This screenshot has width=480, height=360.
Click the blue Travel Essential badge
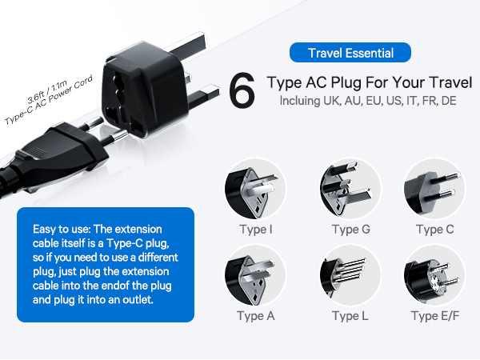(x=350, y=53)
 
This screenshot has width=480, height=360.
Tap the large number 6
(x=242, y=90)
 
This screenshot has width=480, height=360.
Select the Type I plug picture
(x=255, y=189)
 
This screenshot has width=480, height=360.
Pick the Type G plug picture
(x=350, y=189)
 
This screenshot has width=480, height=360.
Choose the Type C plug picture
(x=434, y=189)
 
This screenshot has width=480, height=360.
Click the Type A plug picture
(x=255, y=275)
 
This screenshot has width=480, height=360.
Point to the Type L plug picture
(x=350, y=275)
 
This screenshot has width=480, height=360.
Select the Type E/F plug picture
(x=434, y=275)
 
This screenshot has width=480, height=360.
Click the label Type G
(x=351, y=230)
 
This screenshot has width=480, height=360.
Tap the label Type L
(x=350, y=316)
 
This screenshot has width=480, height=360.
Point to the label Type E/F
(x=435, y=316)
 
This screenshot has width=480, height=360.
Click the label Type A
(x=256, y=316)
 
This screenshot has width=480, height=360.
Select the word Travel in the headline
(x=450, y=82)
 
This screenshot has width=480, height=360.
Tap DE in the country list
(x=449, y=101)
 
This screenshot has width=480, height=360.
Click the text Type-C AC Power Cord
(x=48, y=100)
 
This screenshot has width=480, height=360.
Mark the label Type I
(x=256, y=230)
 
